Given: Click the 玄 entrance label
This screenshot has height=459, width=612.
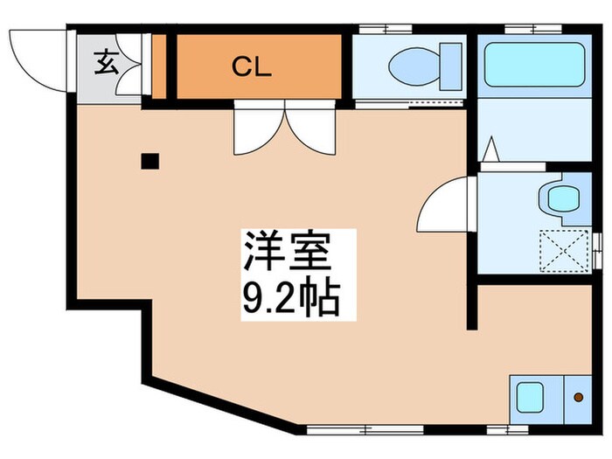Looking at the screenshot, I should click(x=106, y=63).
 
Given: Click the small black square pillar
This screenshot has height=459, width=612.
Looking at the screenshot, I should click(x=150, y=161).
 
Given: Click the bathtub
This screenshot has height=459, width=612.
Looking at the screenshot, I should click(x=535, y=65).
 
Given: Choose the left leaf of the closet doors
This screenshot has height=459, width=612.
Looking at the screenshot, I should click(x=257, y=129).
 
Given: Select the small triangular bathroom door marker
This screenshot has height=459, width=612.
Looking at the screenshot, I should click(x=490, y=150).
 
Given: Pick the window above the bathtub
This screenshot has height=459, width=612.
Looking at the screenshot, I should click(x=534, y=29).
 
